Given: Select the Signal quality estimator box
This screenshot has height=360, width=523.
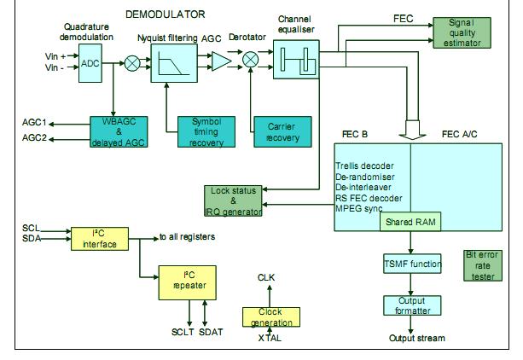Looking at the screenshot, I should (456, 32).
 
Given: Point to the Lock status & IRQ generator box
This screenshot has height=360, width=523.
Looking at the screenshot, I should (234, 200).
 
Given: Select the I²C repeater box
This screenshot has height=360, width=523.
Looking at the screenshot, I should (185, 282).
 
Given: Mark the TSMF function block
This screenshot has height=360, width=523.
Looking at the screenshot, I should (413, 264).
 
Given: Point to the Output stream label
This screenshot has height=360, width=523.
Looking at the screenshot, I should (417, 339).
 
